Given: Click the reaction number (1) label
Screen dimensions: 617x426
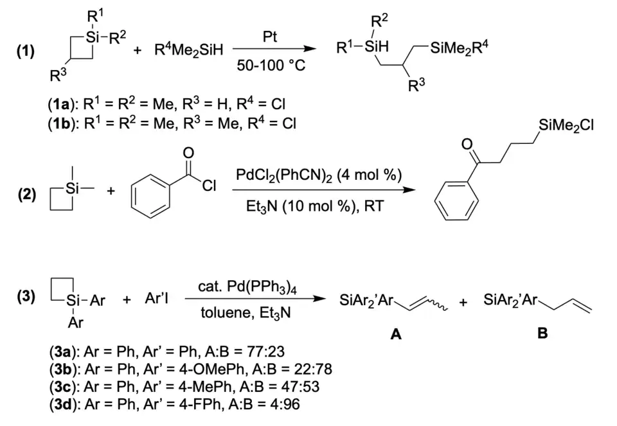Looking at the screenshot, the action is (26, 51).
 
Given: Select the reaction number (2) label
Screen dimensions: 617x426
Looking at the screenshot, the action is (27, 194).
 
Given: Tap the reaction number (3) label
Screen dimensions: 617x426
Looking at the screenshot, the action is (26, 297).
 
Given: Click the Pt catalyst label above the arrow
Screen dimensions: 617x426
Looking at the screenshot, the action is (269, 37).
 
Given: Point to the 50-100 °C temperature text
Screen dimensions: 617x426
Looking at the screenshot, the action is (271, 65).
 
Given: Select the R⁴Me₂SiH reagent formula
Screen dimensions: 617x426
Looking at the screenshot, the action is (189, 50).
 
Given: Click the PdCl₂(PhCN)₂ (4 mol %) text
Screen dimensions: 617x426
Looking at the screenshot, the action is (319, 174).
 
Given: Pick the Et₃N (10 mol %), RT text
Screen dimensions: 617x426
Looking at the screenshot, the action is (315, 206).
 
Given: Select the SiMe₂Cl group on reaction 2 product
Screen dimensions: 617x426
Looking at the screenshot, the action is (566, 125).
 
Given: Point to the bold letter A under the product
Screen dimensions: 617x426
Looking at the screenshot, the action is (395, 334).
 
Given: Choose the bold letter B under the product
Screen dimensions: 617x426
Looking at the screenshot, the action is (542, 333).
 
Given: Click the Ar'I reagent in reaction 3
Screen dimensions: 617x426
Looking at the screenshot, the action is (157, 299).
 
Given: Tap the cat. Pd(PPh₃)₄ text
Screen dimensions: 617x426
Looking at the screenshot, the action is (247, 287).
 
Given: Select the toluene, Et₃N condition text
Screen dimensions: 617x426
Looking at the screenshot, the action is (246, 313).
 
